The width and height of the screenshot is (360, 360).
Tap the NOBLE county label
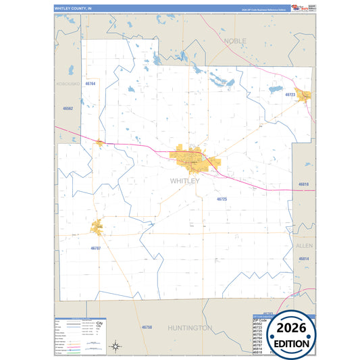pyautogui.click(x=235, y=41)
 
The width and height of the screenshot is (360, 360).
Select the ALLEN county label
pyautogui.click(x=305, y=246)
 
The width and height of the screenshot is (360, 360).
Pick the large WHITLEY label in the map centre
pyautogui.click(x=184, y=181)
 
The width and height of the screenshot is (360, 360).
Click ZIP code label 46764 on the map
pyautogui.click(x=90, y=83)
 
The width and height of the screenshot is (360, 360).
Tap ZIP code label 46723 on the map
pyautogui.click(x=290, y=95)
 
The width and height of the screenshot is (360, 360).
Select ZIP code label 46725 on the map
pyautogui.click(x=222, y=199)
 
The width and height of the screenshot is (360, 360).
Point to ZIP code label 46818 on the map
pyautogui.click(x=304, y=184)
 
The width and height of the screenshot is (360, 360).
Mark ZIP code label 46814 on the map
pyautogui.click(x=304, y=259)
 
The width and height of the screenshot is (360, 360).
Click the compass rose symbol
pyautogui.click(x=116, y=346)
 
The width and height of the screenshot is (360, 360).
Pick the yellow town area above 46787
pyautogui.click(x=98, y=227)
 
